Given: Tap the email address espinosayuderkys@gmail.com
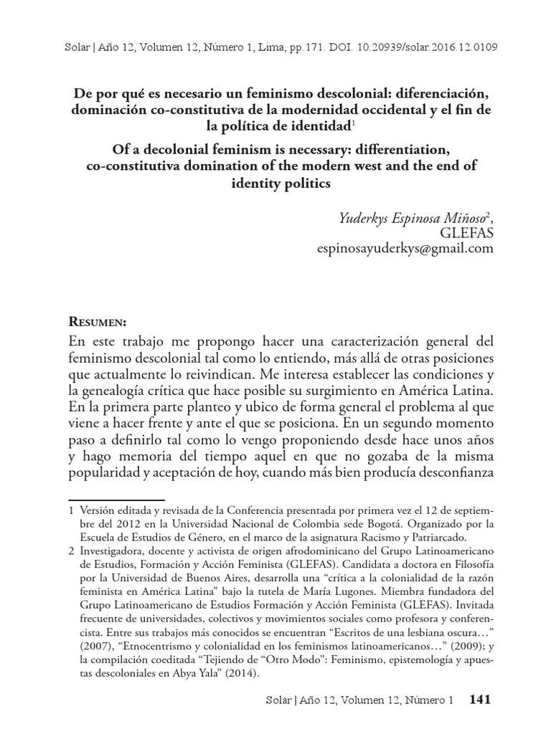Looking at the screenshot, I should [405, 248].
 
